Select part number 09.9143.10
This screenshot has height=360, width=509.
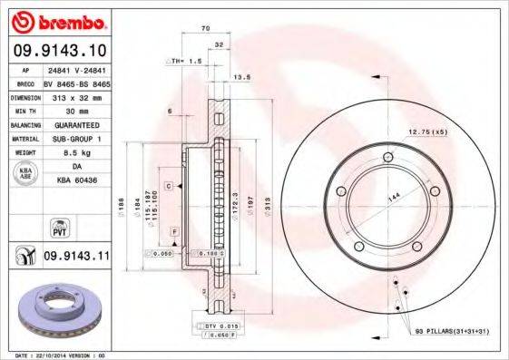tap(58, 50)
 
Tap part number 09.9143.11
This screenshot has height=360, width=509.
tap(76, 258)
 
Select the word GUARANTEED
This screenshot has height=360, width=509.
tap(75, 124)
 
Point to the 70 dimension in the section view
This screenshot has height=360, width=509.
tap(208, 29)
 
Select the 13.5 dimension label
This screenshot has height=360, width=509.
tap(241, 78)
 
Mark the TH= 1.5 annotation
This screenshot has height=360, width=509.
tap(186, 60)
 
